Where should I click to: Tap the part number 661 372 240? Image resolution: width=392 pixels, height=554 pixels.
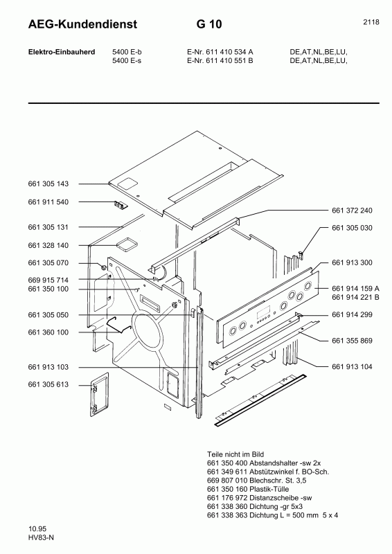(352, 210)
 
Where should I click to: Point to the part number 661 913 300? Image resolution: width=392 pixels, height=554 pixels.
(352, 262)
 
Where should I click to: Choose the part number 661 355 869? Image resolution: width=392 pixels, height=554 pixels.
(352, 340)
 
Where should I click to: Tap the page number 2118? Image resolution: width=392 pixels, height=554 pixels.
(371, 22)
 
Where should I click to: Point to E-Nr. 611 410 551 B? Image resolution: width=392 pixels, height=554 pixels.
(220, 61)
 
